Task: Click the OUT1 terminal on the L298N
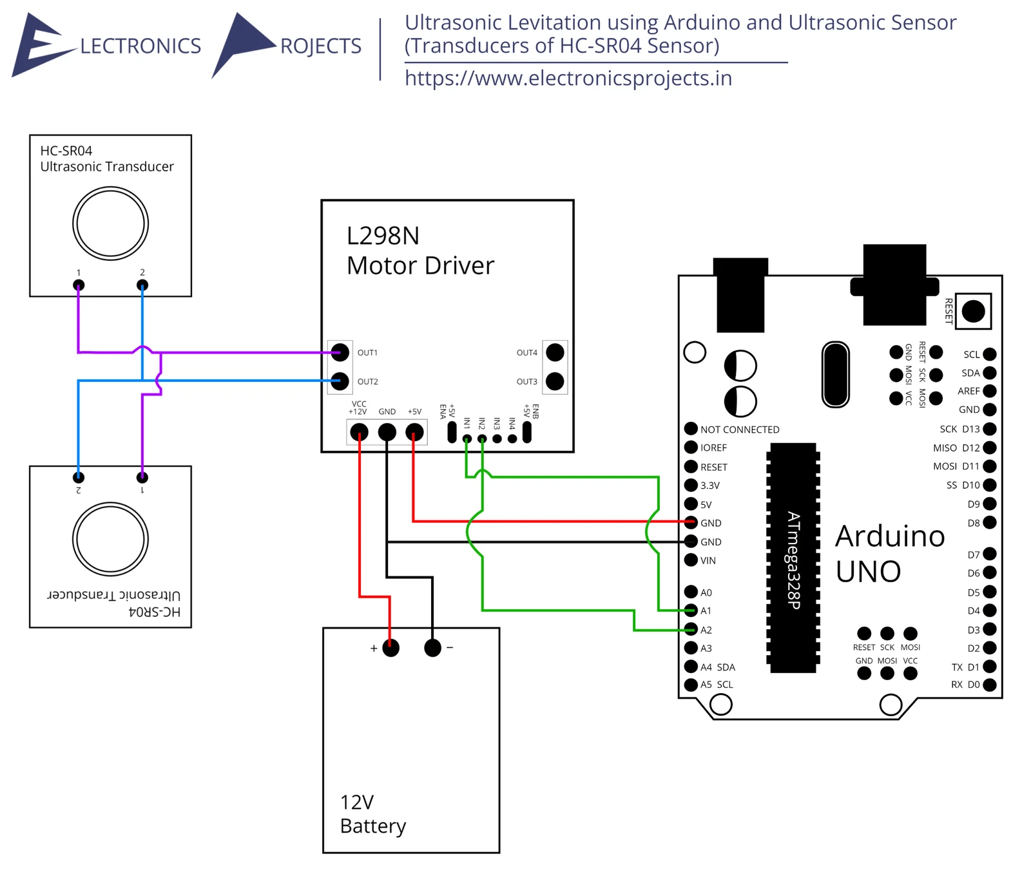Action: [340, 352]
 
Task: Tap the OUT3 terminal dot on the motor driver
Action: [554, 381]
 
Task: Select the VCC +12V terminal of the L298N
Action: [359, 432]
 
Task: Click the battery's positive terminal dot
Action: [390, 648]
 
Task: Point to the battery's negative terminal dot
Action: [432, 648]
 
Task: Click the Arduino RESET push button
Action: [973, 312]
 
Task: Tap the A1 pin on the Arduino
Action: [691, 611]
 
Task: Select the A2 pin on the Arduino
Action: [691, 629]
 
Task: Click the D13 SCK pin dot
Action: [990, 429]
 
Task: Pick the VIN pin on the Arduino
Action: [691, 560]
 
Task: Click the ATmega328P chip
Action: [793, 557]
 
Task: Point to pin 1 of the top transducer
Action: [79, 285]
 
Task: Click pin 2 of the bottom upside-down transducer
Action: [79, 477]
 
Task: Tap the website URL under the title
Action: [568, 79]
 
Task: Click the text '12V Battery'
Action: [372, 814]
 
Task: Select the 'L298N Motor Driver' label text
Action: [419, 251]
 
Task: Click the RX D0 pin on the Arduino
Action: [990, 685]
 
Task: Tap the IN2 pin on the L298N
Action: [482, 439]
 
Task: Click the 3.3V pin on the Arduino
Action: [691, 485]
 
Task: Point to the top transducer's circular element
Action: [111, 223]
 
